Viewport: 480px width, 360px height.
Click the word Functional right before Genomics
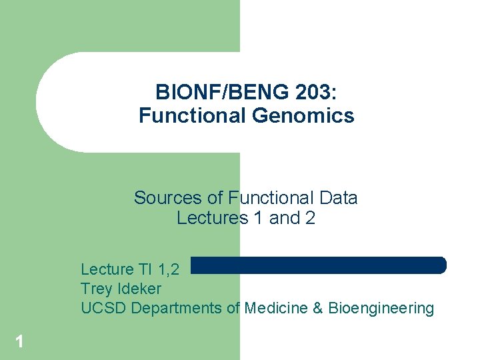point(193,116)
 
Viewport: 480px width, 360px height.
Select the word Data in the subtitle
point(339,198)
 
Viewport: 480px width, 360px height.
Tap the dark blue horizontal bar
point(319,265)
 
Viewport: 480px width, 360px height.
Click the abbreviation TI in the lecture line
point(145,269)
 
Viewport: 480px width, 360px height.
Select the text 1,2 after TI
point(168,269)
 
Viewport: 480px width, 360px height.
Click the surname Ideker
point(139,289)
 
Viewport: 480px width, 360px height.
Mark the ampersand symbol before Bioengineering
point(317,308)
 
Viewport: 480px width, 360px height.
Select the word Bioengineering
point(381,308)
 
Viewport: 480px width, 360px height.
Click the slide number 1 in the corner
point(19,342)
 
